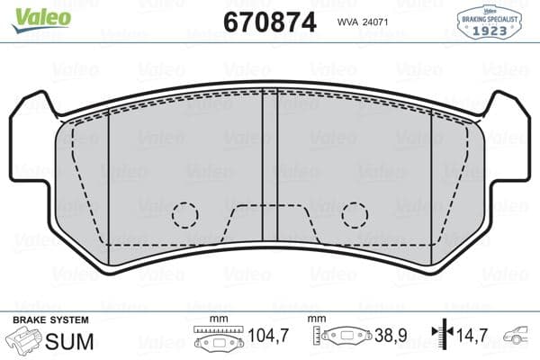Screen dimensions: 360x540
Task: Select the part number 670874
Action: tap(270, 21)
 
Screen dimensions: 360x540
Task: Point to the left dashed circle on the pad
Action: tap(185, 214)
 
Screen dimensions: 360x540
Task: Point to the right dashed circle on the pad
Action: tap(355, 214)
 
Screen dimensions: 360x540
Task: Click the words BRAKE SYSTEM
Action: tap(50, 320)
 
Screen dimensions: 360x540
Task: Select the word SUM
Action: tap(65, 340)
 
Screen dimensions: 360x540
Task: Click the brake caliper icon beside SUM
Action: tap(25, 340)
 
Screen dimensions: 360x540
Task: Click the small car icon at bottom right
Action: tap(519, 339)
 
